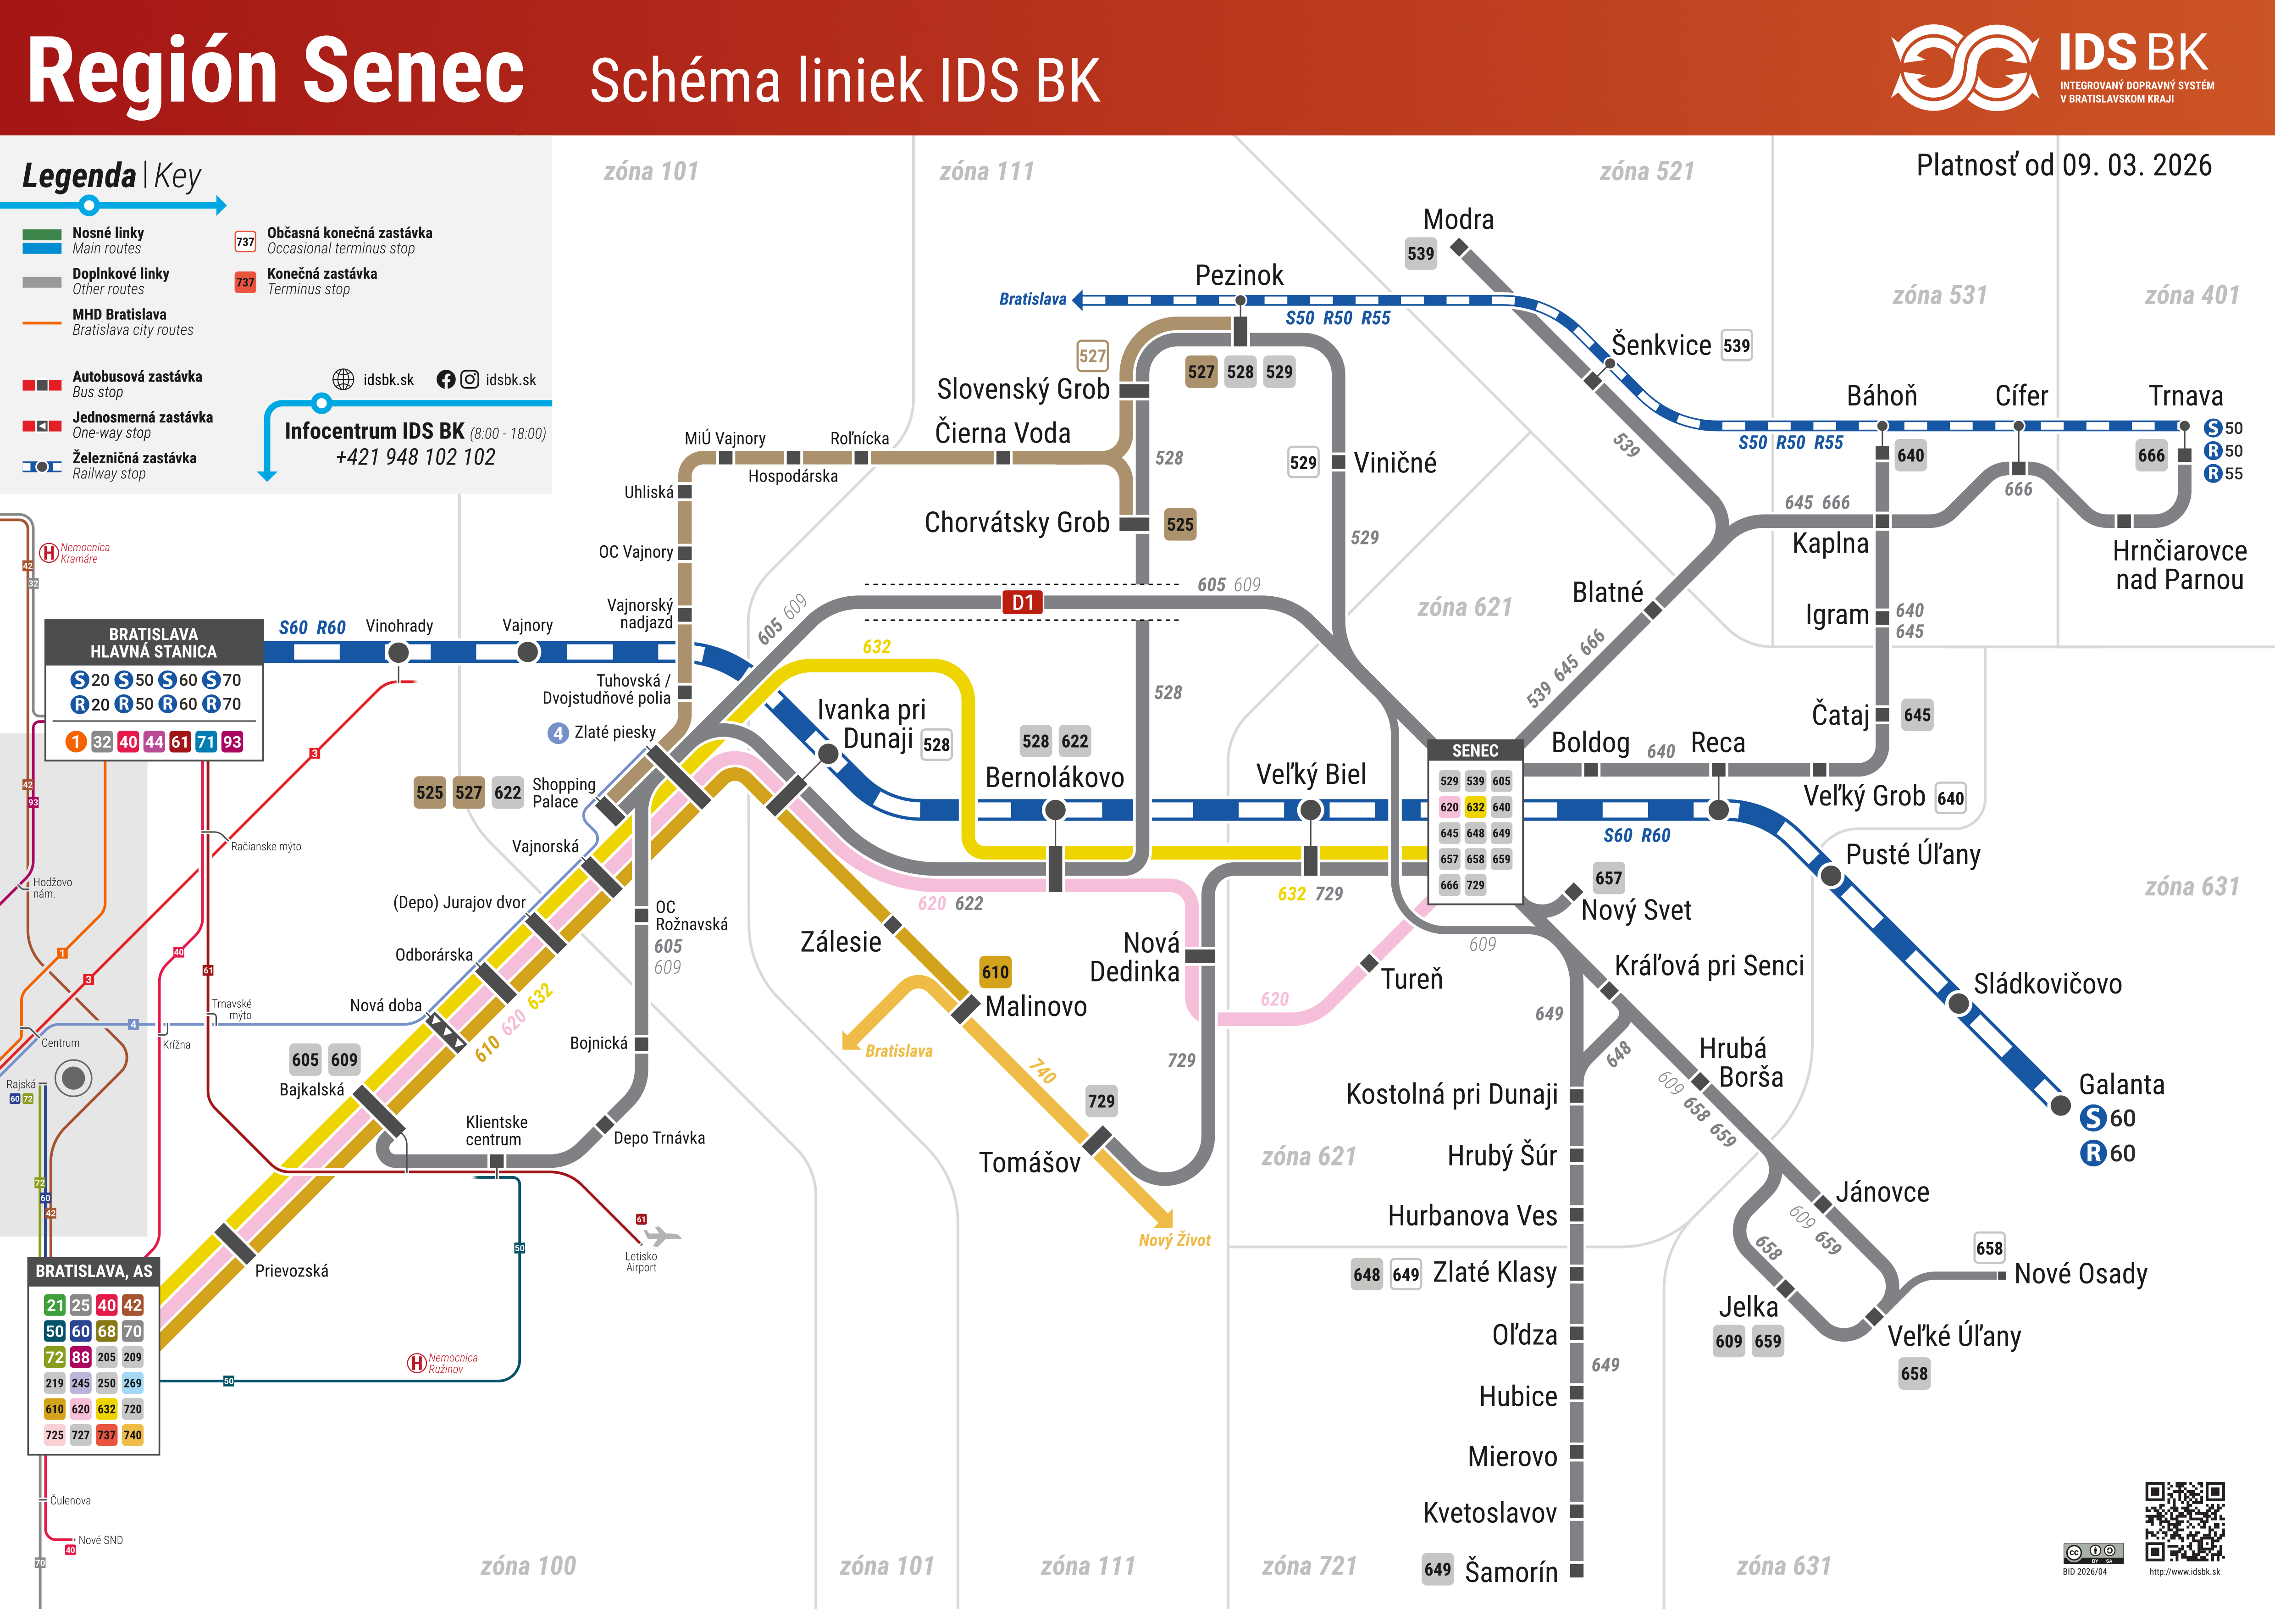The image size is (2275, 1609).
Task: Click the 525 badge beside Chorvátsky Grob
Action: [1179, 524]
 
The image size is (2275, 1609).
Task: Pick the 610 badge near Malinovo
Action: [995, 972]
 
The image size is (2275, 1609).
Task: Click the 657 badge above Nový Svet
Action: [1608, 878]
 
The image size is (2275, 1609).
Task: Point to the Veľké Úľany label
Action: [1954, 1337]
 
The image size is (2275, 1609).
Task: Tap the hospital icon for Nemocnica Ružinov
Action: [417, 1363]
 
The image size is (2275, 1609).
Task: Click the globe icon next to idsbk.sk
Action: [343, 379]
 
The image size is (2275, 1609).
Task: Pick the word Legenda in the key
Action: [79, 176]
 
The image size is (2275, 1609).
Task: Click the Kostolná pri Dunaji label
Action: [1451, 1095]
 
